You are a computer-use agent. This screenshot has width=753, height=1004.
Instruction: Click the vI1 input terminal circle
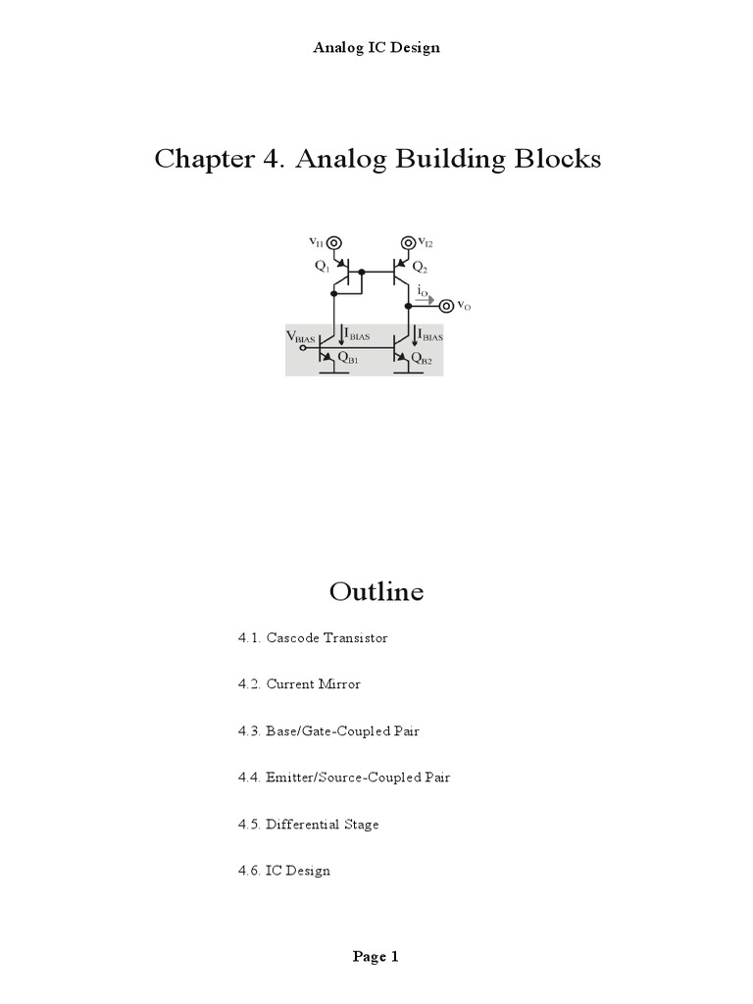click(x=333, y=242)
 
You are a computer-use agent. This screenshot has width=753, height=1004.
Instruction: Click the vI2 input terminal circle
click(x=407, y=242)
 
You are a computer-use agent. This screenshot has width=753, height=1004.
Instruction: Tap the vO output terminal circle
click(x=447, y=306)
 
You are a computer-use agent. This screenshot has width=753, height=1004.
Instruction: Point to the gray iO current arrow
click(x=424, y=299)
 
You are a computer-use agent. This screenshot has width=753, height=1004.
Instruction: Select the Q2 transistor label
click(x=420, y=266)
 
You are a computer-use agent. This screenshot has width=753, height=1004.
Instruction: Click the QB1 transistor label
click(x=347, y=359)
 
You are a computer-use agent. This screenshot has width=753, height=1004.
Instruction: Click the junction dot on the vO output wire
click(x=407, y=306)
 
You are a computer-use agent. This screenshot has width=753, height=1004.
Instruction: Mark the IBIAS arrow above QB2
click(x=414, y=336)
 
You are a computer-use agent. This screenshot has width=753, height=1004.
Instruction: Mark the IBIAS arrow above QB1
click(x=340, y=336)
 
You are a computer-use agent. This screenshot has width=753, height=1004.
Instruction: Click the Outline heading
click(x=376, y=591)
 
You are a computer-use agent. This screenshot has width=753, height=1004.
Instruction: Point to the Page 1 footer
click(x=376, y=957)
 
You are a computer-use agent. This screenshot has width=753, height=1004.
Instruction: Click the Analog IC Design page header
click(x=376, y=47)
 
